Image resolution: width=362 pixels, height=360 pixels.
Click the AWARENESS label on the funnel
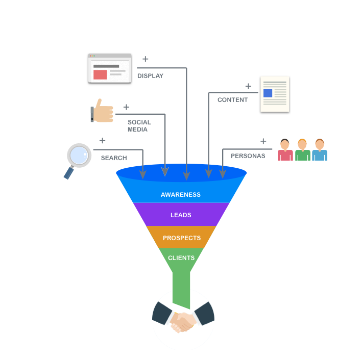(x=181, y=195)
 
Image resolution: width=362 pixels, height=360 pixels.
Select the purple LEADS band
(x=181, y=215)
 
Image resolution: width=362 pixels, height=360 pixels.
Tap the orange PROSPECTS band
(x=182, y=238)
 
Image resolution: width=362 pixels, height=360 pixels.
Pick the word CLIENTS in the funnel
(x=181, y=258)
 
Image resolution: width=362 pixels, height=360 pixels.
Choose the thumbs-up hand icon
(x=103, y=111)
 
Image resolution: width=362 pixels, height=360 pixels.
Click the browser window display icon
(x=110, y=68)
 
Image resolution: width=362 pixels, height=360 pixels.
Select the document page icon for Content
(x=275, y=94)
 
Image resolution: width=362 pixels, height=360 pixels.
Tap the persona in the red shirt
(x=285, y=150)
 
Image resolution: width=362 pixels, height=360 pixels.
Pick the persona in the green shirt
(x=302, y=150)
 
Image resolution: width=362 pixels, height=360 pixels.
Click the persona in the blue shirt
(x=320, y=150)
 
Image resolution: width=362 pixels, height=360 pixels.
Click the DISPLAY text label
(x=150, y=76)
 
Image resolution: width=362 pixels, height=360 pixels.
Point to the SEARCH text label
(x=114, y=158)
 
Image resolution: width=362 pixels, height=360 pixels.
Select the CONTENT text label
(x=232, y=100)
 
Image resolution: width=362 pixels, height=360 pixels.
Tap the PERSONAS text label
(x=248, y=156)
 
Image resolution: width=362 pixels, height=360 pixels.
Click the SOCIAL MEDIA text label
(x=139, y=126)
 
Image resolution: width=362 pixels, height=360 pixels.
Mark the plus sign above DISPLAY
(x=146, y=59)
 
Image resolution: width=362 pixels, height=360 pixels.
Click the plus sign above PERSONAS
(x=263, y=141)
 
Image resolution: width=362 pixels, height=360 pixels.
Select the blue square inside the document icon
(x=268, y=93)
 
